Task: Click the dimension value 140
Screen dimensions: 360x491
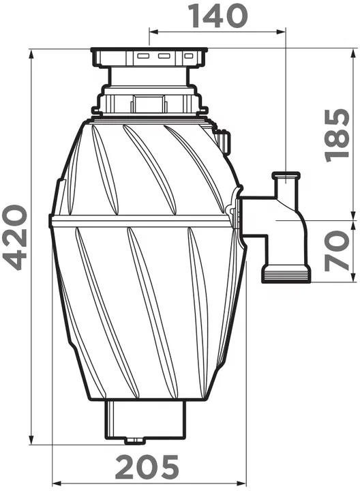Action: click(219, 16)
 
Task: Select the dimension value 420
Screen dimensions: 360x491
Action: click(15, 237)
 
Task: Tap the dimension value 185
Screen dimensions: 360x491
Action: click(337, 135)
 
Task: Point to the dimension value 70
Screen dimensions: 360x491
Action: click(337, 251)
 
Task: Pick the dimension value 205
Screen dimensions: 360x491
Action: click(147, 467)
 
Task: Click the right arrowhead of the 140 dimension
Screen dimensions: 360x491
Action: click(281, 31)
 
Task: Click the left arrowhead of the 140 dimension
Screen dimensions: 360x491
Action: click(153, 31)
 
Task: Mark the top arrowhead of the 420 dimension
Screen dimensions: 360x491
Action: click(31, 54)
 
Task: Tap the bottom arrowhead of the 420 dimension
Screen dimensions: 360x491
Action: click(31, 439)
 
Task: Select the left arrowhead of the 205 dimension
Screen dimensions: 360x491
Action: click(57, 483)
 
